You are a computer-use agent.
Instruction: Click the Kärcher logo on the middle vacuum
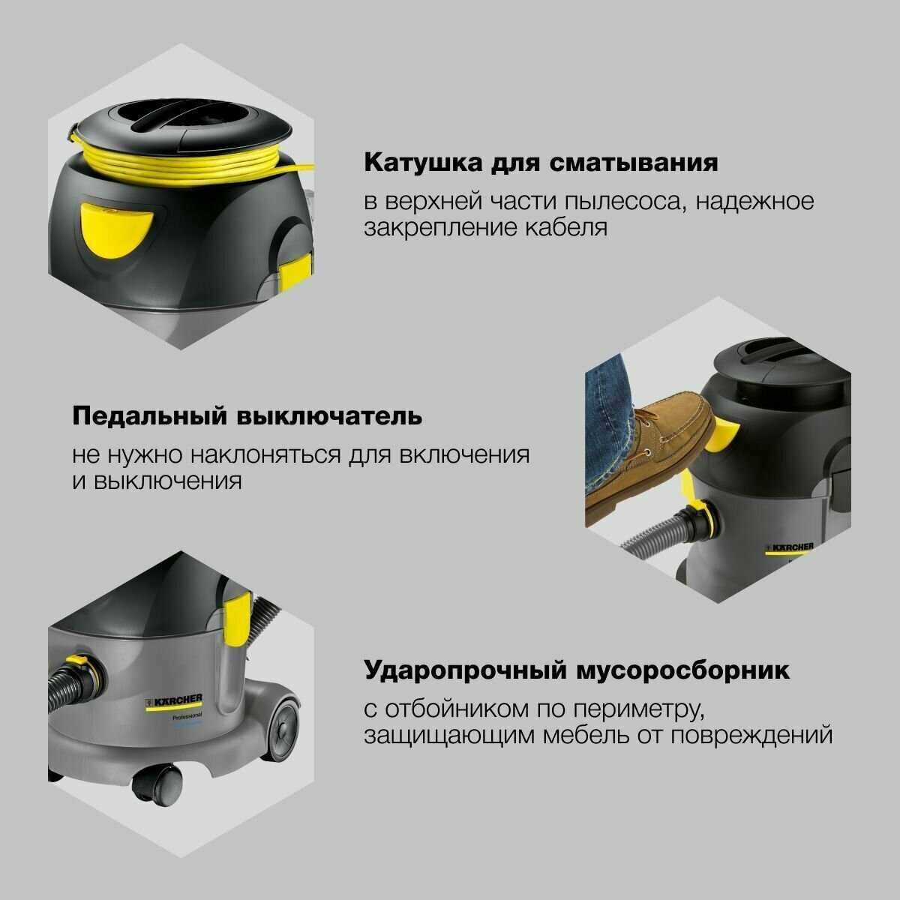788,549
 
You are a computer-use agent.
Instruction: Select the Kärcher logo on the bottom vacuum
173,702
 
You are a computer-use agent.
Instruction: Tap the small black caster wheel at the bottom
156,784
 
